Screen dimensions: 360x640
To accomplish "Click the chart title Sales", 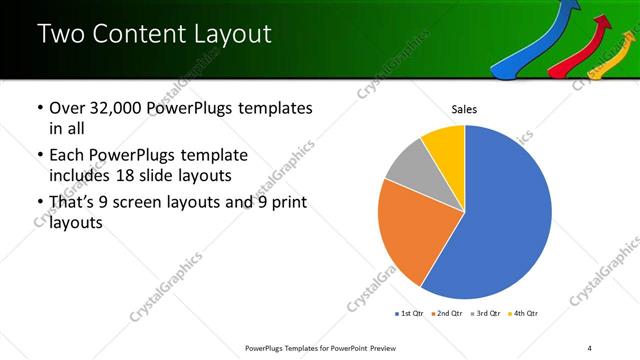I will click(464, 109).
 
